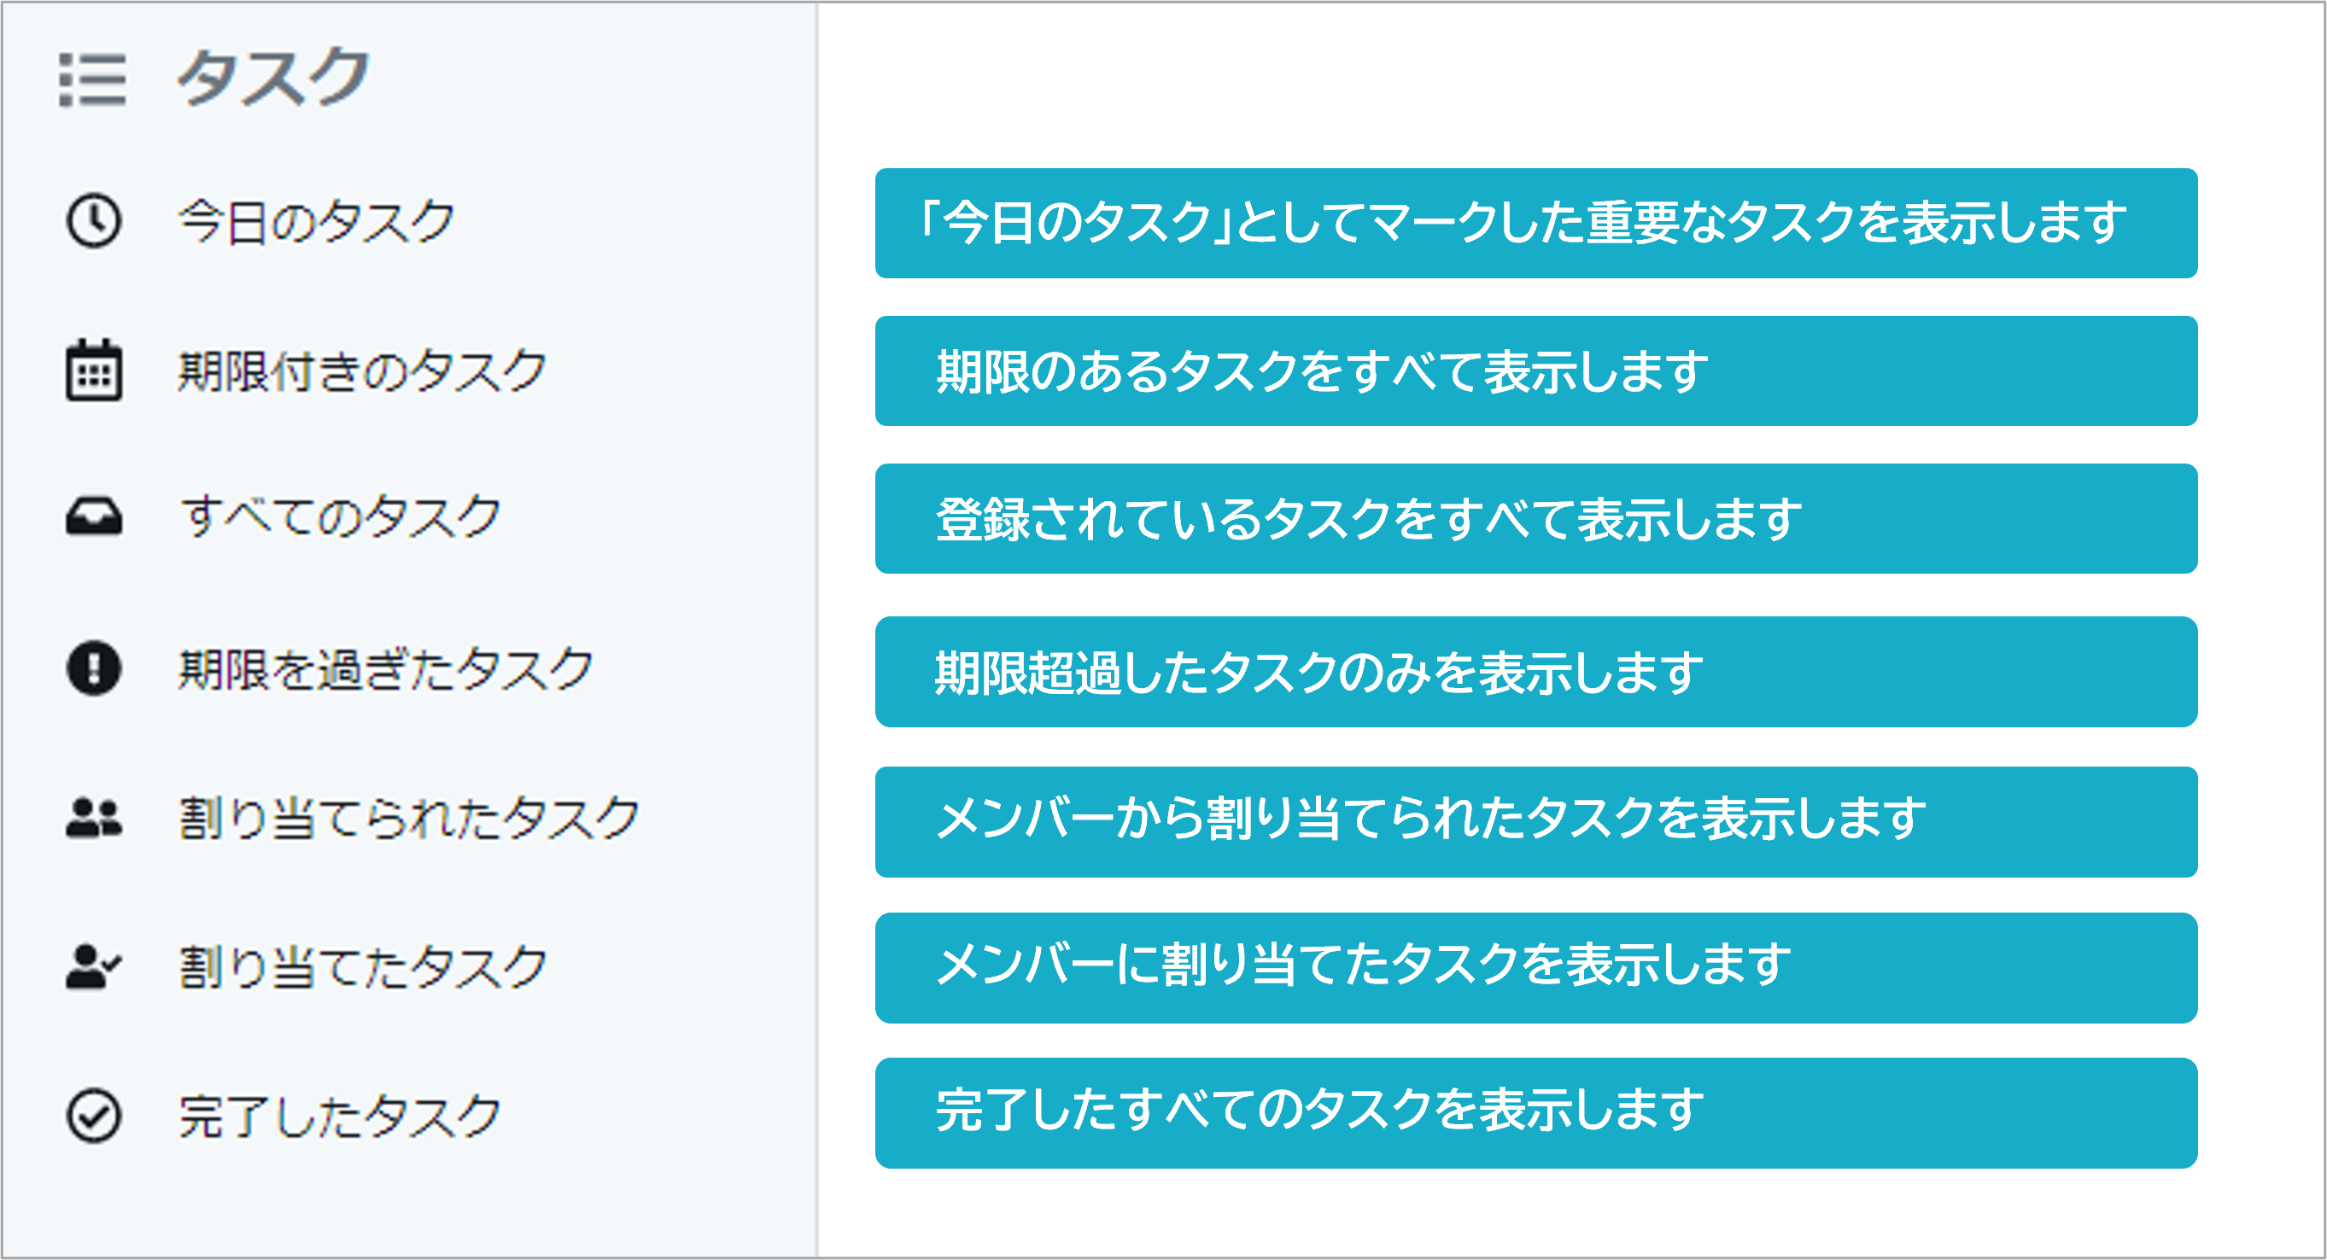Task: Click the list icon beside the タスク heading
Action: pos(92,79)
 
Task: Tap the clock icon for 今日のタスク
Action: pos(93,220)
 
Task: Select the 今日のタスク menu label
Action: pos(316,221)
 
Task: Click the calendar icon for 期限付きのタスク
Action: pos(93,370)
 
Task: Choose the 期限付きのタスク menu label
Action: pos(362,370)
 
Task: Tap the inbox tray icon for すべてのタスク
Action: pos(93,516)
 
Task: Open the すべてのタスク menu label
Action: pos(341,517)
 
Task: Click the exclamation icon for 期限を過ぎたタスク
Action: pos(93,668)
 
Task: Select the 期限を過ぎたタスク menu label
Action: pos(386,669)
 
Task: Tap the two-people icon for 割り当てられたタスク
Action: pos(93,818)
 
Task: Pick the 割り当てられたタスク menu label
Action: pos(408,819)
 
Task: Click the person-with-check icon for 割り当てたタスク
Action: pos(93,966)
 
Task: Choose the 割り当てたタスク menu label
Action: pos(362,967)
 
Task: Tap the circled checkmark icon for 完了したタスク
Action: pos(93,1116)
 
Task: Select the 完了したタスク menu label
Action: pos(340,1117)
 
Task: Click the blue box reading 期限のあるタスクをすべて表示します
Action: pos(1535,371)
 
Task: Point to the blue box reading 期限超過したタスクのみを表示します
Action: pos(1535,672)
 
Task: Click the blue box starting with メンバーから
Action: pos(1535,822)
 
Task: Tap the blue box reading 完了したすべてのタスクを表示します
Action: pos(1535,1113)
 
